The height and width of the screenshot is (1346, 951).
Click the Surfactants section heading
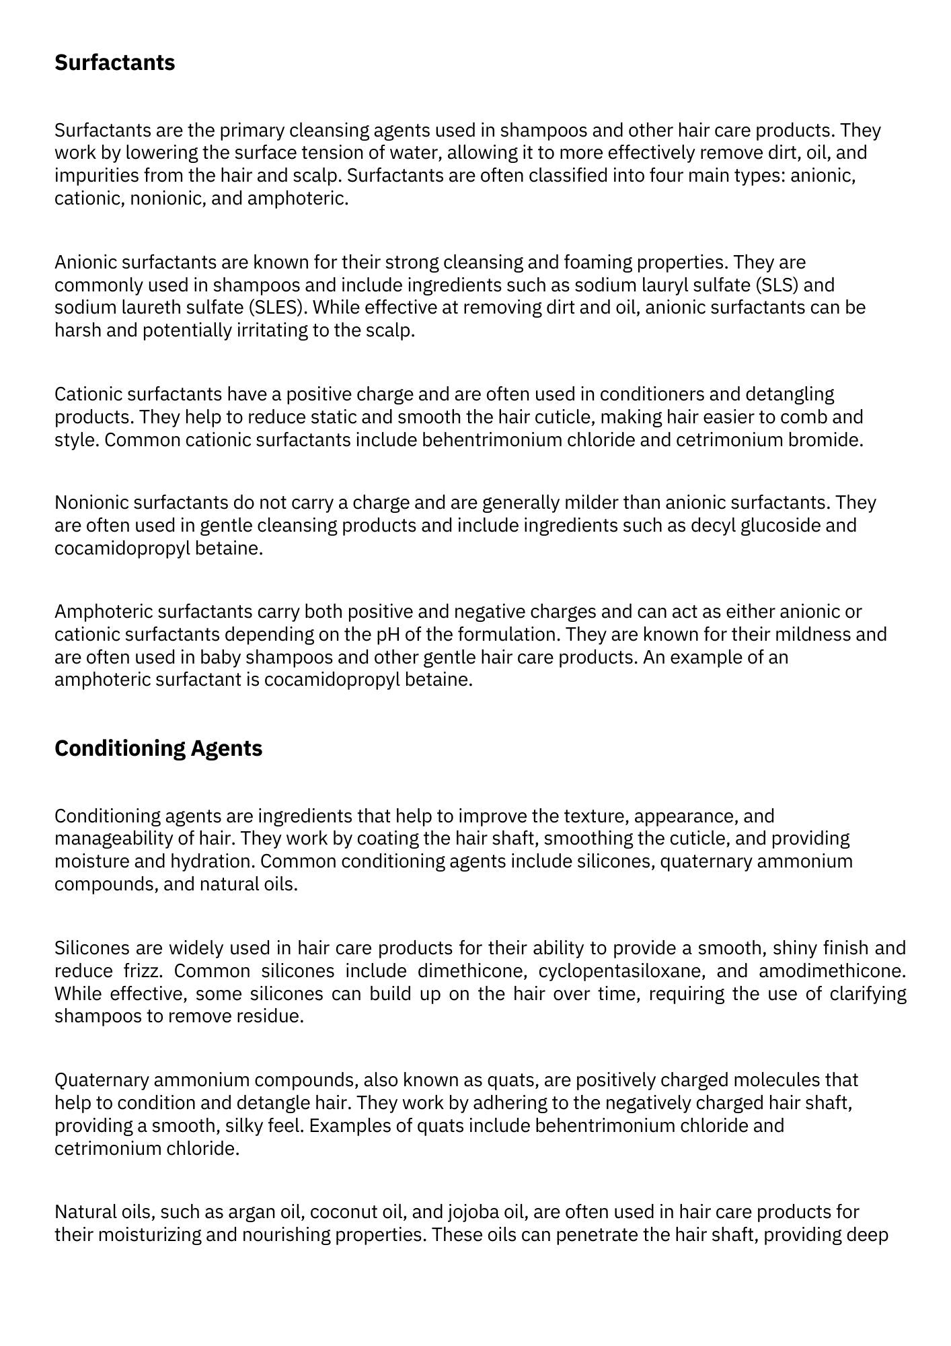pos(114,63)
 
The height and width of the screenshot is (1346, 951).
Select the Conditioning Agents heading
pos(158,748)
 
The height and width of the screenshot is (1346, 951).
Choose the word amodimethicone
pos(831,970)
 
